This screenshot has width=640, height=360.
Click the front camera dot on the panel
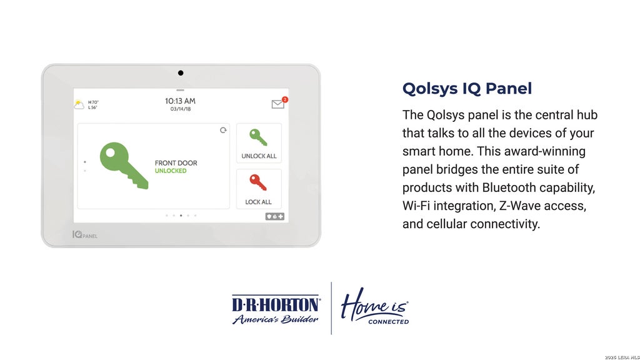tap(181, 73)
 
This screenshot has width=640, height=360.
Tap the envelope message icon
tap(278, 104)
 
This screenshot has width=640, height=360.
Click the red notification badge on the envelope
tap(285, 99)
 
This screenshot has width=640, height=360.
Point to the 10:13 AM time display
tap(180, 101)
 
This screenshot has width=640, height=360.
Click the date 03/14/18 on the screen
tap(181, 109)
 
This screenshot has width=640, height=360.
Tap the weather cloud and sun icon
tap(79, 105)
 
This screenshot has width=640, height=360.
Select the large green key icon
tap(124, 165)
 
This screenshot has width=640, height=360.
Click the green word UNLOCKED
tap(171, 171)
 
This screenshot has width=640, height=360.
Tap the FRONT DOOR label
tap(176, 163)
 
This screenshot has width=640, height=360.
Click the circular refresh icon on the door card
tap(223, 130)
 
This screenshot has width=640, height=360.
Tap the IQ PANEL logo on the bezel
tap(85, 235)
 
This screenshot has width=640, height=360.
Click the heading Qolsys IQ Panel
tap(467, 89)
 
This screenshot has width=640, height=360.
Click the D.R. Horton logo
tap(276, 309)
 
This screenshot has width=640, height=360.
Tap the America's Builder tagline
tap(275, 319)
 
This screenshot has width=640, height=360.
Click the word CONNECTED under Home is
tap(388, 322)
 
